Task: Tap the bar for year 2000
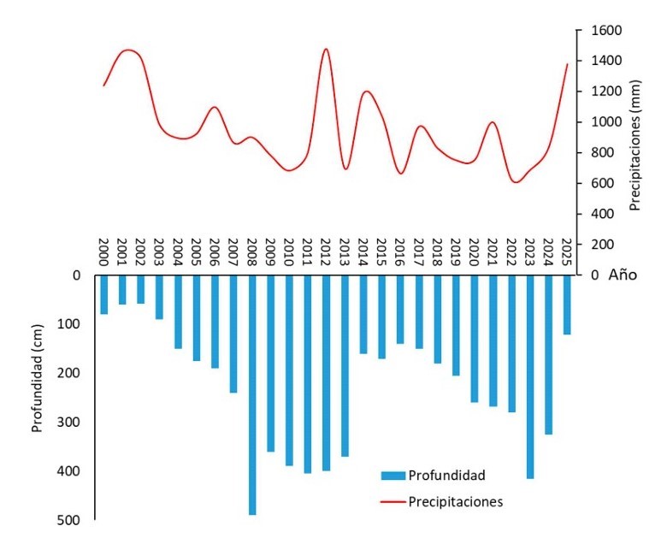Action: coord(103,295)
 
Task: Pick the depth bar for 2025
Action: coord(567,305)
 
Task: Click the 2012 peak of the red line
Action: coord(326,50)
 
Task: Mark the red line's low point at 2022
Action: coord(515,181)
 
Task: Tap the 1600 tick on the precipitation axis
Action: coord(599,31)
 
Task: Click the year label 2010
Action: coord(289,255)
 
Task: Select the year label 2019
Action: coord(456,255)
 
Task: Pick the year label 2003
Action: coord(159,255)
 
